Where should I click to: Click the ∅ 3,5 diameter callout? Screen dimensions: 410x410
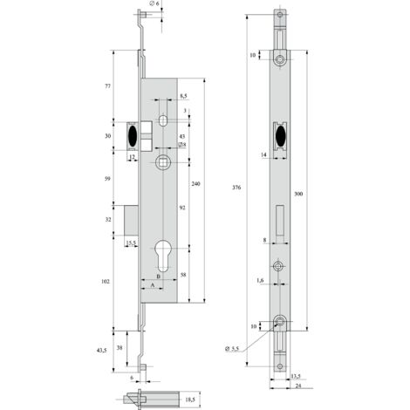tap(232, 349)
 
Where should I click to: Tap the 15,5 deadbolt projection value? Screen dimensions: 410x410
tap(131, 243)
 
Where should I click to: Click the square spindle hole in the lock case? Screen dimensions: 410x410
tap(162, 162)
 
